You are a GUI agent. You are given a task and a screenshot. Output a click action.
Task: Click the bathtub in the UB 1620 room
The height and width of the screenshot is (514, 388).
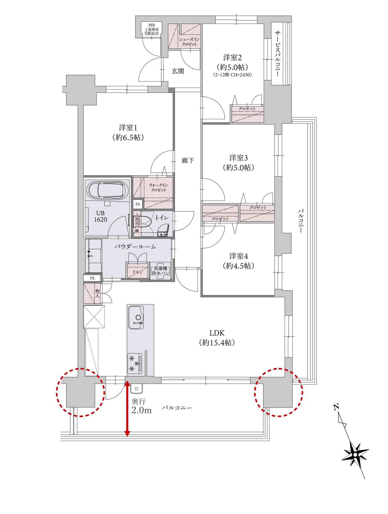click(x=107, y=190)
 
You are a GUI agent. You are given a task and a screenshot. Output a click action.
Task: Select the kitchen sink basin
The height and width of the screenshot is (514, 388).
click(x=136, y=318)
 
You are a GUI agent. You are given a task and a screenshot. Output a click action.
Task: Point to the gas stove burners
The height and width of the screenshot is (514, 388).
click(x=135, y=363)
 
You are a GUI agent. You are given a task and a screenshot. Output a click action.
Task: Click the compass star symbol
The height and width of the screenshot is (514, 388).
click(x=355, y=455)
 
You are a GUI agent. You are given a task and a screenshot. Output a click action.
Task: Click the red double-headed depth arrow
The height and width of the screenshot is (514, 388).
click(x=127, y=408)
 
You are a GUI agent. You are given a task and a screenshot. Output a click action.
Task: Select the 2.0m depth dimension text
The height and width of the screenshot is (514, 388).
click(x=141, y=410)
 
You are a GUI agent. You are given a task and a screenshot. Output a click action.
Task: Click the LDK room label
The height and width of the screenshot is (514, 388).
click(x=217, y=333)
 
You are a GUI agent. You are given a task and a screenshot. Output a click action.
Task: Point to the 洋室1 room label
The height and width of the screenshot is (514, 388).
click(x=128, y=128)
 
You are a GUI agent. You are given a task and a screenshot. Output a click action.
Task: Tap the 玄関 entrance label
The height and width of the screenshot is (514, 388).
click(x=178, y=71)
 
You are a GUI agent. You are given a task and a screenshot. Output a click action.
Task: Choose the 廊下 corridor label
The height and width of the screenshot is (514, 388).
click(x=188, y=161)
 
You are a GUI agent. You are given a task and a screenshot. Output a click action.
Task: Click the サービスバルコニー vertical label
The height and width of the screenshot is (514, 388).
click(x=278, y=54)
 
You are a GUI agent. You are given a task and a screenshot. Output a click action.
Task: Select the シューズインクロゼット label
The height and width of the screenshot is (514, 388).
click(x=190, y=42)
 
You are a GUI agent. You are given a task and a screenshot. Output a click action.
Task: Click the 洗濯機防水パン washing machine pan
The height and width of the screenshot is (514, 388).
click(x=160, y=271)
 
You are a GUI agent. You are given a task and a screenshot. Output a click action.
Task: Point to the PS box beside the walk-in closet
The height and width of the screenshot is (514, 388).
click(x=138, y=204)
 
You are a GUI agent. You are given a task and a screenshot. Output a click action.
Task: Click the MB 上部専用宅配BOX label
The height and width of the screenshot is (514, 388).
click(x=152, y=29)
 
